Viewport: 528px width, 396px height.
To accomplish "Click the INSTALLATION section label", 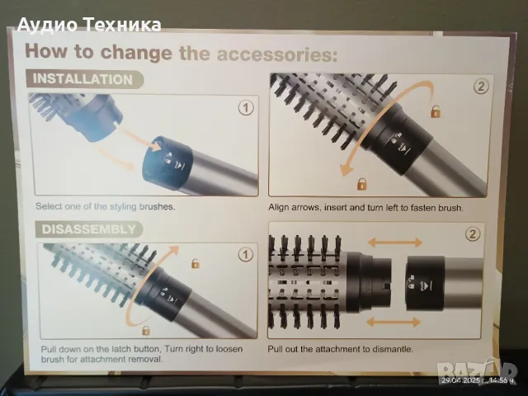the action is tap(82, 79).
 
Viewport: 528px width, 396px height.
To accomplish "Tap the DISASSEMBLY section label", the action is tap(88, 229).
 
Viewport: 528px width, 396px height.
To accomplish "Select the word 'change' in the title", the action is tap(135, 52).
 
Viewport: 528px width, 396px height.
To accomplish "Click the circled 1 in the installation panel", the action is tap(246, 108).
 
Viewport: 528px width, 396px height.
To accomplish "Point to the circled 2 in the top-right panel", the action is tap(481, 87).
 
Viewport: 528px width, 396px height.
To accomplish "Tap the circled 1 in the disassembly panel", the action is tap(246, 255).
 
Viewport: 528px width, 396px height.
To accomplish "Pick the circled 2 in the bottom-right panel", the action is tap(473, 233).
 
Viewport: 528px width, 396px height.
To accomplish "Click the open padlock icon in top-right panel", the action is tap(436, 111).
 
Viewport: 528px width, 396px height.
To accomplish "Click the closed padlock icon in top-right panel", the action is tap(361, 183).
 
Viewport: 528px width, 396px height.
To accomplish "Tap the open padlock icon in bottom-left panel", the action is tap(195, 263).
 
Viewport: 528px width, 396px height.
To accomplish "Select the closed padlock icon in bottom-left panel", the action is tap(146, 330).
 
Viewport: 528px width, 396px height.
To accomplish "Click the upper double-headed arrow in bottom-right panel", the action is tap(395, 243).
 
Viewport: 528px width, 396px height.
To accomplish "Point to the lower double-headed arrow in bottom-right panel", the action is tap(393, 323).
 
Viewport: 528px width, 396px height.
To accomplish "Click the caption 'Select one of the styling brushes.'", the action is tap(106, 206).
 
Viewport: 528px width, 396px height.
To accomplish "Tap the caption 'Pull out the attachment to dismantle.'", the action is tap(340, 349).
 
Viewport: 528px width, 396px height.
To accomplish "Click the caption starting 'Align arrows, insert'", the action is tap(365, 207).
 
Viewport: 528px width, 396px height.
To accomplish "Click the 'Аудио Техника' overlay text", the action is tap(89, 25).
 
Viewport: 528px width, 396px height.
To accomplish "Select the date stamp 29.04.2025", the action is tap(461, 381).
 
